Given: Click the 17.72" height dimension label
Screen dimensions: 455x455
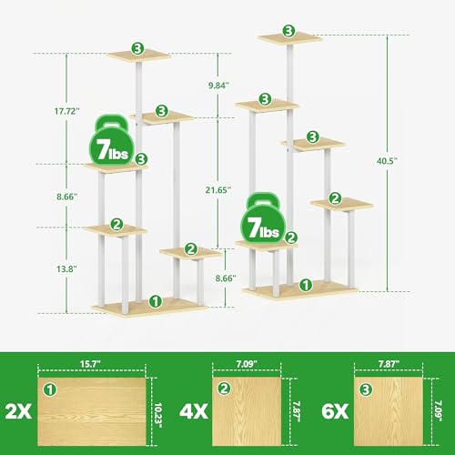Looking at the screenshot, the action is (x=67, y=111).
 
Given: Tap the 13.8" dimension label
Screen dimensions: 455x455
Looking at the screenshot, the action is (x=66, y=268).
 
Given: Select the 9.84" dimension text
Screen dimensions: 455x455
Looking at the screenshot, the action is (x=218, y=86).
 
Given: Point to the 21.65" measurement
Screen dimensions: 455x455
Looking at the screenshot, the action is (x=218, y=190).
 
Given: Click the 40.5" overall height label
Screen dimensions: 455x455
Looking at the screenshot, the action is (x=387, y=161).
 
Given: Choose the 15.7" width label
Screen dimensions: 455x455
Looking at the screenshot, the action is (x=90, y=364).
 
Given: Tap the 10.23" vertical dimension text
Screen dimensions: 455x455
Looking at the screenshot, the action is (x=158, y=415).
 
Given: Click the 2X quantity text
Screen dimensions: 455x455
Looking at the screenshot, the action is (x=18, y=411).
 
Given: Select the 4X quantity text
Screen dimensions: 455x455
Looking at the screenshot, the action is (x=194, y=411).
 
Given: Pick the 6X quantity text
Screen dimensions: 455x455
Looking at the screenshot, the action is (x=335, y=411).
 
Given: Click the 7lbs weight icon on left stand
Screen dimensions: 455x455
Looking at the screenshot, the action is (x=112, y=140).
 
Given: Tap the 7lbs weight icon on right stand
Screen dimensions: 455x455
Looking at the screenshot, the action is (x=263, y=219).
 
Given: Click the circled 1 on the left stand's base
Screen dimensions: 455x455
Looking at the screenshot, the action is (x=156, y=301).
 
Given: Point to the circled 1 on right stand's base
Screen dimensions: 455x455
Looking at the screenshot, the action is (x=306, y=285).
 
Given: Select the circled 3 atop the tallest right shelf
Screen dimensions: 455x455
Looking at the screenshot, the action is (x=289, y=31).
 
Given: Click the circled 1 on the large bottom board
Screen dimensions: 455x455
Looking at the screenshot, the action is (x=50, y=389).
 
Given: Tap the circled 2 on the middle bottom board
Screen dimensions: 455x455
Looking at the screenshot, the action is (x=225, y=389).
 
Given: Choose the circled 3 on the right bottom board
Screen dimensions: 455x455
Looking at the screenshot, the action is (x=366, y=389).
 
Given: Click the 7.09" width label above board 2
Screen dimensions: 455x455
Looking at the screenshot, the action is (x=247, y=364).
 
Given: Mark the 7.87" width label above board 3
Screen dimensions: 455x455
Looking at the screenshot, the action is (x=389, y=364).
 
